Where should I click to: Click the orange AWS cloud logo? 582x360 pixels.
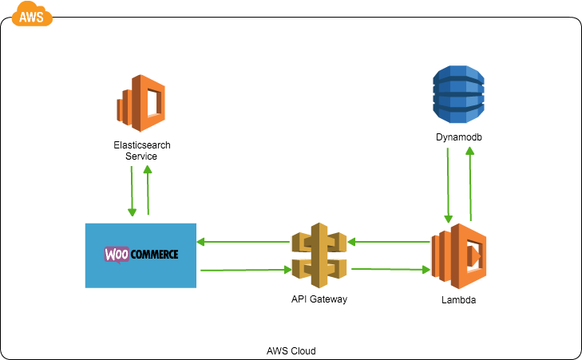click(x=32, y=14)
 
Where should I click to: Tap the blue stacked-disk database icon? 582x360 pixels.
click(x=458, y=94)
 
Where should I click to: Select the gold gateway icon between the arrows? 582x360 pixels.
click(x=319, y=255)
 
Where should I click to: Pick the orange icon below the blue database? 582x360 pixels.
click(x=458, y=256)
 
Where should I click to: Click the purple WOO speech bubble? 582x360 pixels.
click(x=117, y=255)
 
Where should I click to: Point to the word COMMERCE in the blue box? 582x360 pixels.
click(x=154, y=255)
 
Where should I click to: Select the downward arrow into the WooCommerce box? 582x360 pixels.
click(x=132, y=192)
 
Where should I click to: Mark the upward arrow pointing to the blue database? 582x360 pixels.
click(x=470, y=184)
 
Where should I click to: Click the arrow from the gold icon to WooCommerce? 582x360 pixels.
click(x=243, y=241)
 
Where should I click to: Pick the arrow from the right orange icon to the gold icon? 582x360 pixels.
click(x=389, y=241)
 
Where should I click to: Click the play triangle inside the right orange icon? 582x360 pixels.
click(x=474, y=256)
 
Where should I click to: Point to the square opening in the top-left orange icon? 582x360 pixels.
click(x=153, y=103)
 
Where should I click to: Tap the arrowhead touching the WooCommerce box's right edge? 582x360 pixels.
click(x=200, y=241)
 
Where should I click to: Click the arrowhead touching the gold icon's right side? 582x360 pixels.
click(x=351, y=241)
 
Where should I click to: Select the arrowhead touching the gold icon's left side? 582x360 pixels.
click(x=287, y=270)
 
